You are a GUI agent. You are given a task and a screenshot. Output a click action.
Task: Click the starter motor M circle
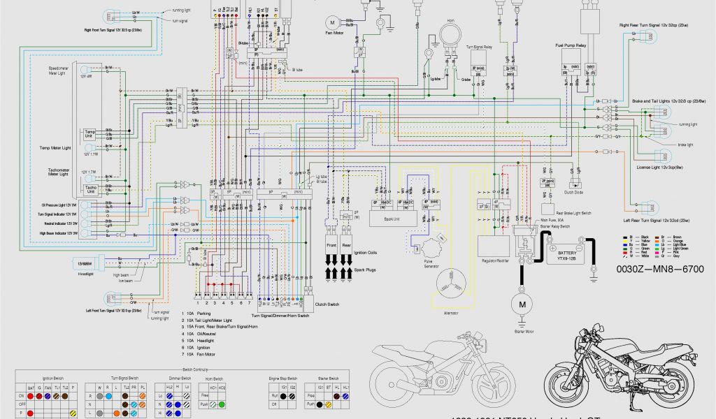(521, 304)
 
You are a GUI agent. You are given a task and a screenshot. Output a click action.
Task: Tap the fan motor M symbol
(334, 23)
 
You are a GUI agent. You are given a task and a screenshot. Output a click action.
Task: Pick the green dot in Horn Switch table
(222, 404)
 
